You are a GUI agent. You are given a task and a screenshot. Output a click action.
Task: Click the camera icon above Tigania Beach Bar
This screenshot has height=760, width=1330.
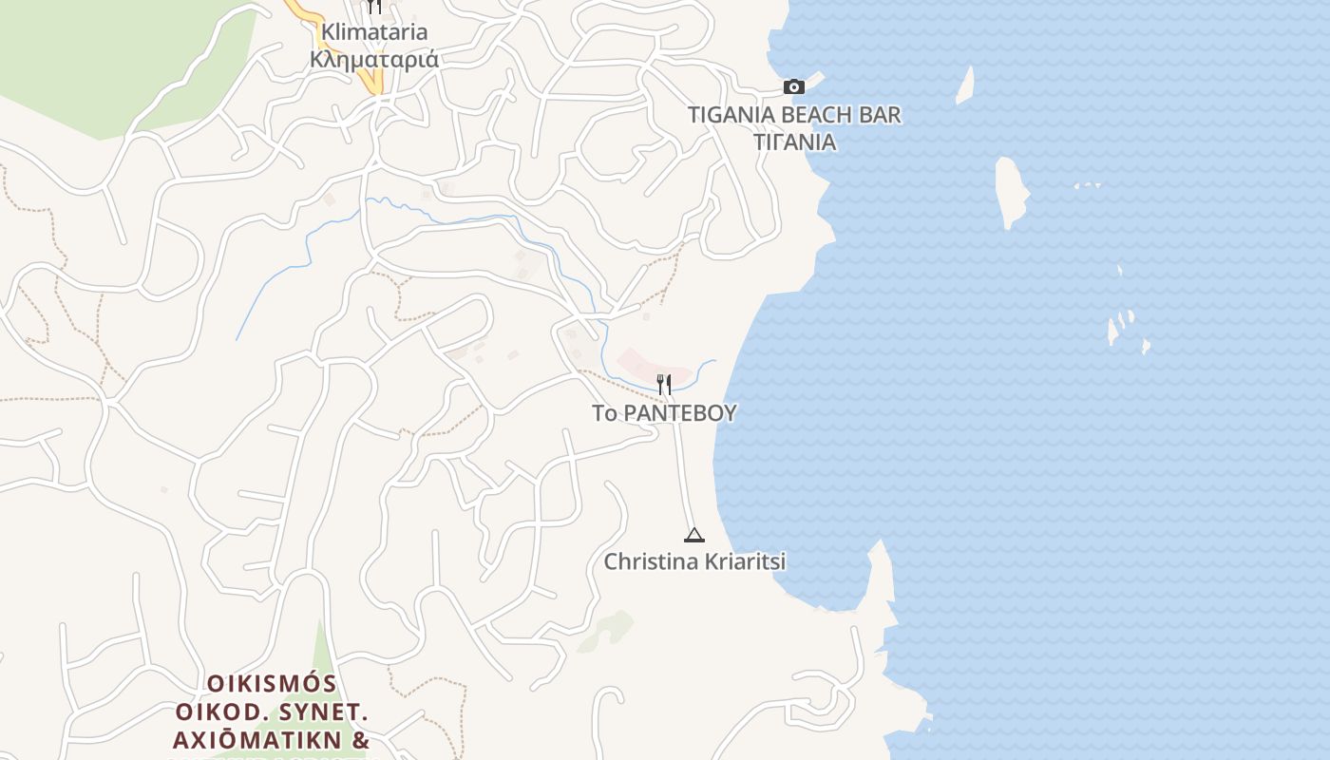coord(794,87)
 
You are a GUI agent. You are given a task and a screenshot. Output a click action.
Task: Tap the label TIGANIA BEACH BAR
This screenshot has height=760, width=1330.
coord(794,115)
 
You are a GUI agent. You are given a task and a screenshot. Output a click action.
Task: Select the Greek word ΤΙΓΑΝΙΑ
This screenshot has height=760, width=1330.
coord(794,142)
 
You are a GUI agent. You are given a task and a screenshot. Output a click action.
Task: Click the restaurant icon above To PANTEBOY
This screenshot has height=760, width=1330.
coord(664,385)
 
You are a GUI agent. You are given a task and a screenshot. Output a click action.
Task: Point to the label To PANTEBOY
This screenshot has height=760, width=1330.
coord(664,413)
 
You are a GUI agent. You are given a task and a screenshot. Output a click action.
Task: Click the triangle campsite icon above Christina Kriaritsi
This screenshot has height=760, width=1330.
coord(694,535)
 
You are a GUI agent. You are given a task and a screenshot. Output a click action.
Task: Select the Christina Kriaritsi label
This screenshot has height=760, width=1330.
coord(694,561)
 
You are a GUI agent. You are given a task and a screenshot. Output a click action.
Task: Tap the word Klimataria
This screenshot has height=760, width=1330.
coord(374,32)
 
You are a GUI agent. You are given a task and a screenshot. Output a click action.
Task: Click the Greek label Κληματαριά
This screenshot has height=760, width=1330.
coord(374,59)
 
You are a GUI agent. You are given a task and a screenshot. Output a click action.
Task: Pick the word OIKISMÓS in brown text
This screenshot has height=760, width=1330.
coord(272,684)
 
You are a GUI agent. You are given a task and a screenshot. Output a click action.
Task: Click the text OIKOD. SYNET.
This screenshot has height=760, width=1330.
coord(272,712)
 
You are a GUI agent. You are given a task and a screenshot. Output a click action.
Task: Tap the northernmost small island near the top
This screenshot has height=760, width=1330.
coord(965,85)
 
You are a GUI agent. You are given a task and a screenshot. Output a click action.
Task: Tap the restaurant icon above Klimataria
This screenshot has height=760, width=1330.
coord(374,7)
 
